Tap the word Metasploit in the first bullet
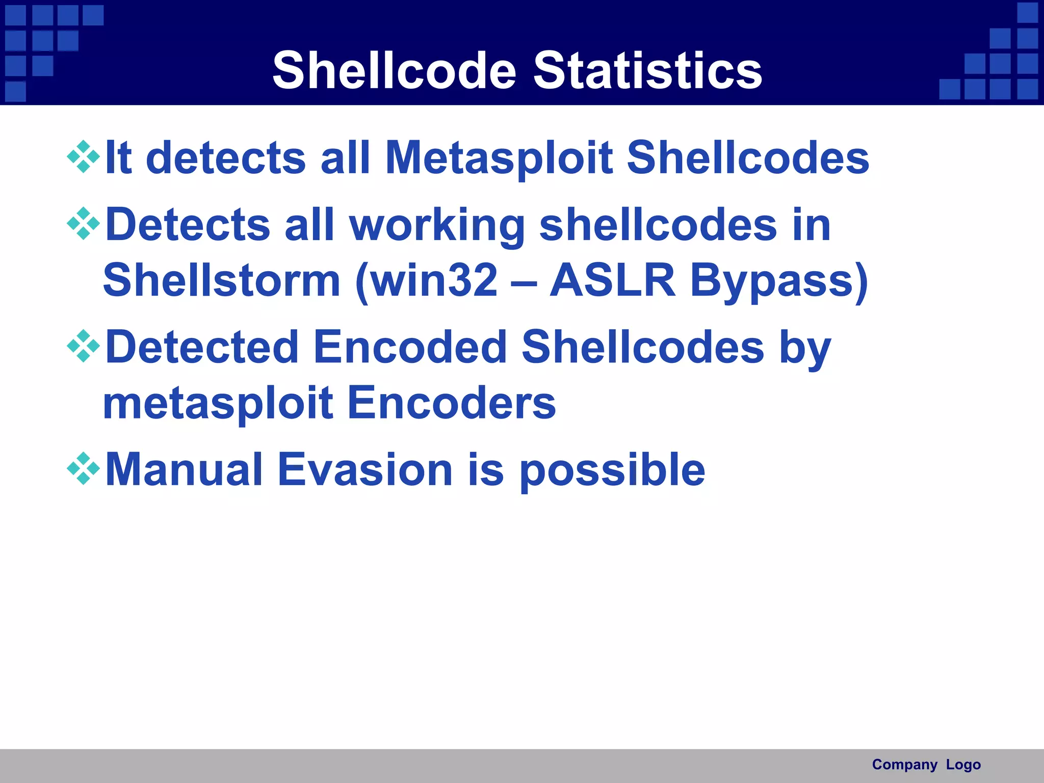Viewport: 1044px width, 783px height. click(x=499, y=158)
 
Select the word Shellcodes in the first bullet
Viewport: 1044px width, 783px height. click(x=747, y=158)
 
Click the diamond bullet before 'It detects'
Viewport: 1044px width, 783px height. click(x=83, y=157)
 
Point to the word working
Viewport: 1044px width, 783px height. click(x=437, y=225)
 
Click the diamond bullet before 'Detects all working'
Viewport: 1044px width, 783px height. click(x=83, y=224)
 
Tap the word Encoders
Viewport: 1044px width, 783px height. click(x=451, y=403)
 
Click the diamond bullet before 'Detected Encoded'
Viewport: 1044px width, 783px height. click(x=83, y=346)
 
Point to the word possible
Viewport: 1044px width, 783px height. click(x=612, y=471)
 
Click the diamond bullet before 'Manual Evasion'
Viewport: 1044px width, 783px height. click(x=83, y=468)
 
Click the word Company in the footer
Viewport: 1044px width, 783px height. click(x=904, y=765)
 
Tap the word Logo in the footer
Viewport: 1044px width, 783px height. click(x=963, y=765)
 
